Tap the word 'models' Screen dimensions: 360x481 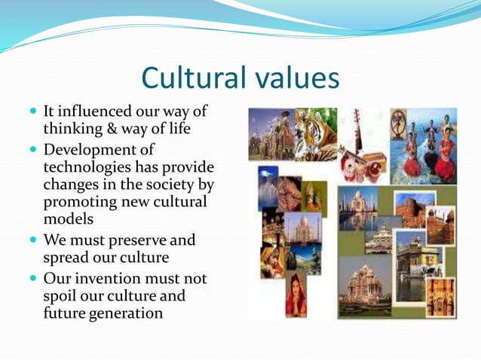[x=68, y=218]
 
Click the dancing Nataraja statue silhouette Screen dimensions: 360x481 [x=397, y=124]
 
